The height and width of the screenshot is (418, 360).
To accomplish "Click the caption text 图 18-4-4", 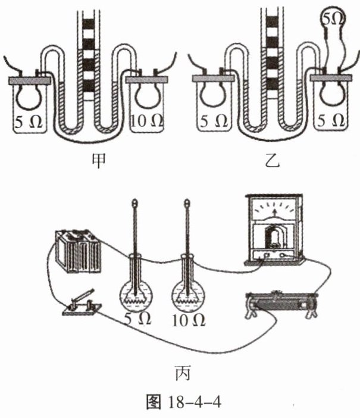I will pyautogui.click(x=179, y=403).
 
